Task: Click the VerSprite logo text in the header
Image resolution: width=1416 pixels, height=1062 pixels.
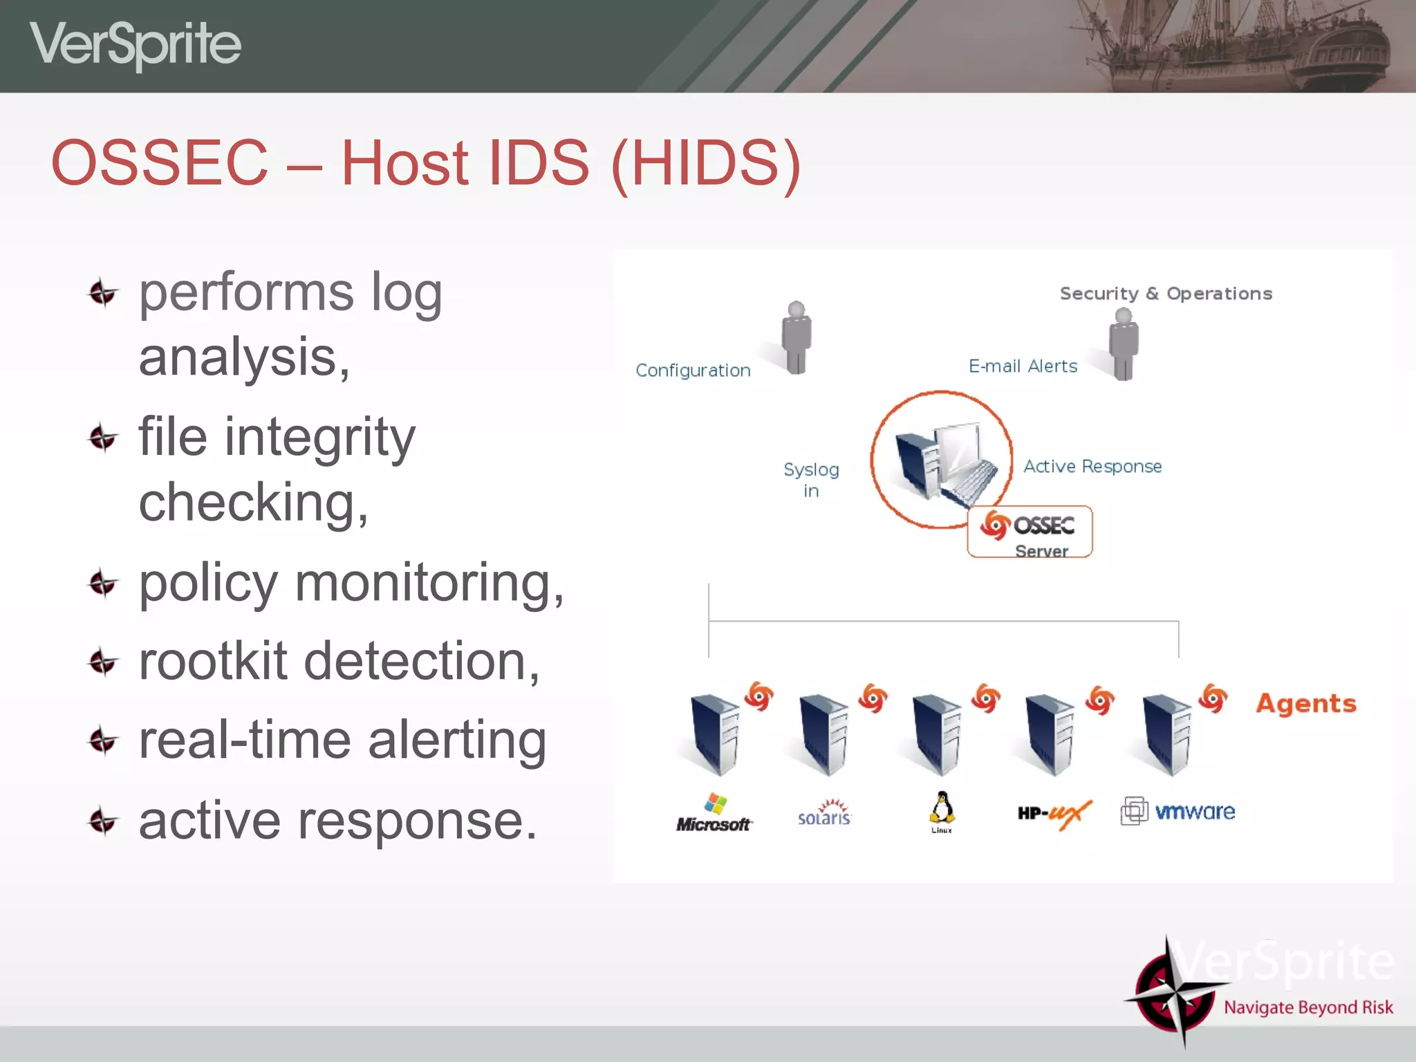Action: tap(136, 44)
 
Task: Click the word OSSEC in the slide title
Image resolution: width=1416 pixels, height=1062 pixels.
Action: tap(160, 163)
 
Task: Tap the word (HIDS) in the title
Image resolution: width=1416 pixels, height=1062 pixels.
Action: tap(706, 163)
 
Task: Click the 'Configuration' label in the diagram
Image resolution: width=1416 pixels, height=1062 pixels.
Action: tap(693, 371)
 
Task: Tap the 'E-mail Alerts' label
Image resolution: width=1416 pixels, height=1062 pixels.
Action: tap(1023, 366)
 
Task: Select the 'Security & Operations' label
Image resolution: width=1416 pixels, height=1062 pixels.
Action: tap(1166, 294)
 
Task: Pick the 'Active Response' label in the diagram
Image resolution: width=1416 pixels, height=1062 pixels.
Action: tap(1092, 467)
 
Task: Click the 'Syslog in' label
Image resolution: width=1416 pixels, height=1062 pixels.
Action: tap(811, 480)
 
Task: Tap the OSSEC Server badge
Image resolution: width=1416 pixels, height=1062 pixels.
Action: tap(1030, 532)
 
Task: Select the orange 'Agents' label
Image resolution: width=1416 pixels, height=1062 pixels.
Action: tap(1306, 704)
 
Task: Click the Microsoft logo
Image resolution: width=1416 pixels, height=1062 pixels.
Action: tap(714, 814)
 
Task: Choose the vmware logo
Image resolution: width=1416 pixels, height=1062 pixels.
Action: tap(1178, 812)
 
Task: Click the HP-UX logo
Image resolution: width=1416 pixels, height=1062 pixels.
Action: tap(1054, 814)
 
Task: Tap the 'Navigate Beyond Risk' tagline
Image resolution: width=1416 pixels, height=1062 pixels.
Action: tap(1308, 1007)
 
